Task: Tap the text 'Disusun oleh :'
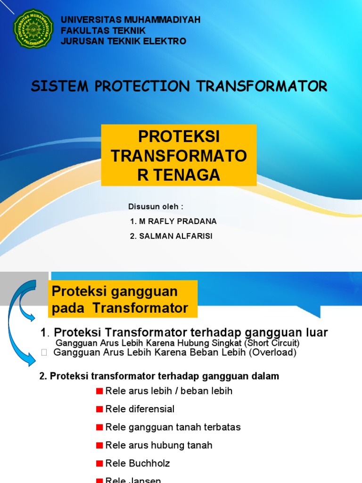coord(156,207)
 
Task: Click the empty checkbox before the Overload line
coord(44,353)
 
